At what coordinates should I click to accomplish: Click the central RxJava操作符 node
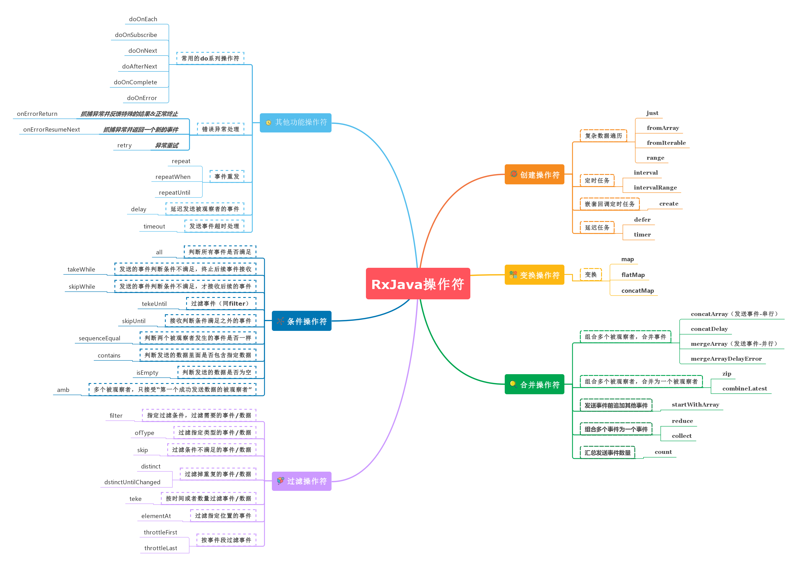pos(418,284)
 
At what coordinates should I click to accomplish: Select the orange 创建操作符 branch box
pos(534,174)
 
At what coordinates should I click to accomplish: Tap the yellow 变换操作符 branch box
pos(534,275)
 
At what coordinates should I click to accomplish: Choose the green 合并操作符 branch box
pos(534,384)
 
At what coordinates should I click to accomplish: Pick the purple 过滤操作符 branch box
pos(301,481)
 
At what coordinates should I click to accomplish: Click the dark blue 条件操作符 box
pos(301,321)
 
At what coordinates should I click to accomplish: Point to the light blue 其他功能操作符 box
pos(295,122)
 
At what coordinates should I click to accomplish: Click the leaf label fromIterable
pos(666,143)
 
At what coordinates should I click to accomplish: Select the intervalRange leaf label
pos(655,188)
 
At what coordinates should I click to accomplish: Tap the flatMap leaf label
pos(633,275)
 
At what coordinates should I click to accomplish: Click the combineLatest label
pos(744,389)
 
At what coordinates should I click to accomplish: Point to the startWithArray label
pos(695,405)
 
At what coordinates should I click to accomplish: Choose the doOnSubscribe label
pos(136,35)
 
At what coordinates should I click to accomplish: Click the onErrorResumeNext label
pos(52,130)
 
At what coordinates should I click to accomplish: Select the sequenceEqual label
pos(99,338)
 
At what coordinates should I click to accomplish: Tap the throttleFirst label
pos(160,532)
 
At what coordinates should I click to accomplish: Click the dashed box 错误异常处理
pos(221,129)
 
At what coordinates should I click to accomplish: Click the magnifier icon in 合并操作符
pos(513,384)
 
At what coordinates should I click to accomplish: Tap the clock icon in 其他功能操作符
pos(268,122)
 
